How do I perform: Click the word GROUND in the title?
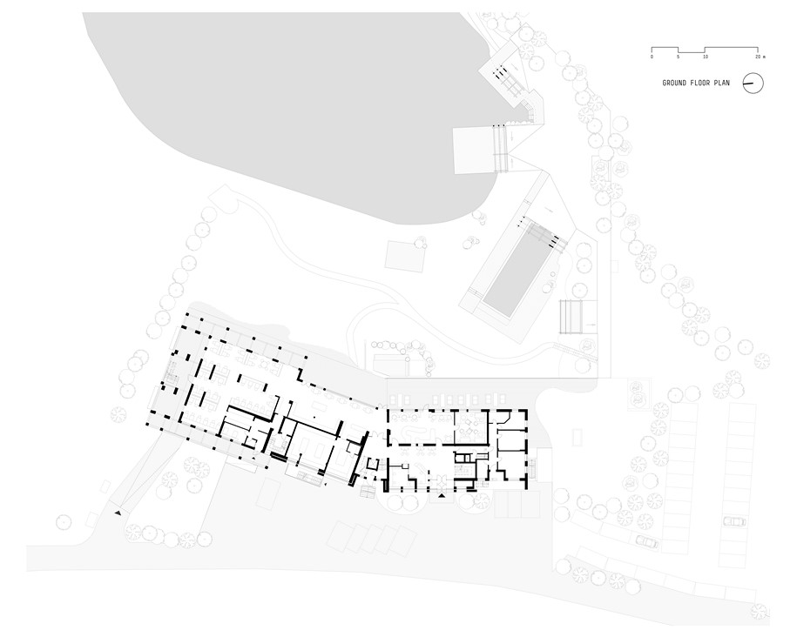pos(674,83)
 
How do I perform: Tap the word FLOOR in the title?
pos(701,83)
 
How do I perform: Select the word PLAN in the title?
pos(723,83)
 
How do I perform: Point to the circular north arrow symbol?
pos(753,83)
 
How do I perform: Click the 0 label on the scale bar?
pos(652,57)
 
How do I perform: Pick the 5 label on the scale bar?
pos(678,57)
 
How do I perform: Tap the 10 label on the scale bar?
pos(705,57)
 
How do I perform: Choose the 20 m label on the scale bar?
pos(760,57)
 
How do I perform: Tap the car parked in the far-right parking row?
pos(735,521)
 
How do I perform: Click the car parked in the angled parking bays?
pos(646,541)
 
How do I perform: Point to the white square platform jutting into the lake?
pos(474,151)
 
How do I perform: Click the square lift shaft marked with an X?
pos(373,465)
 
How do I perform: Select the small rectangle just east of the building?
pos(577,436)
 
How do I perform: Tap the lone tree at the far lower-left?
pos(64,521)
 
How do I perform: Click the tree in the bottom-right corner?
pos(762,611)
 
